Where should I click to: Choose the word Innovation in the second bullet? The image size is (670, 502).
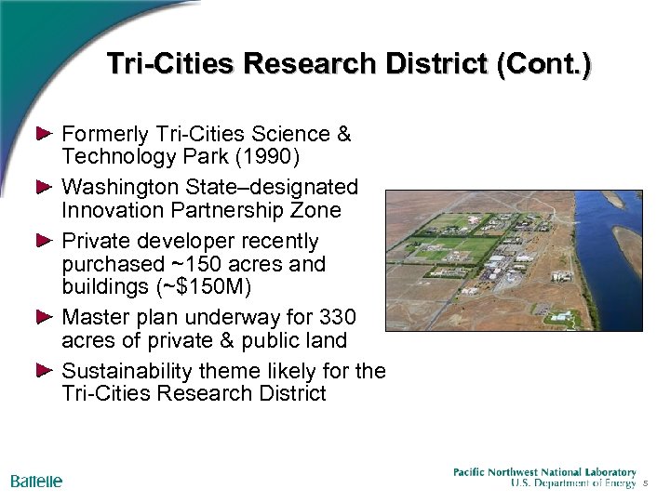click(x=112, y=209)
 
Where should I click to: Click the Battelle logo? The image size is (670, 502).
click(x=36, y=481)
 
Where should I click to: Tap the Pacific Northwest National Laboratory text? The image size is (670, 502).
click(x=544, y=472)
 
